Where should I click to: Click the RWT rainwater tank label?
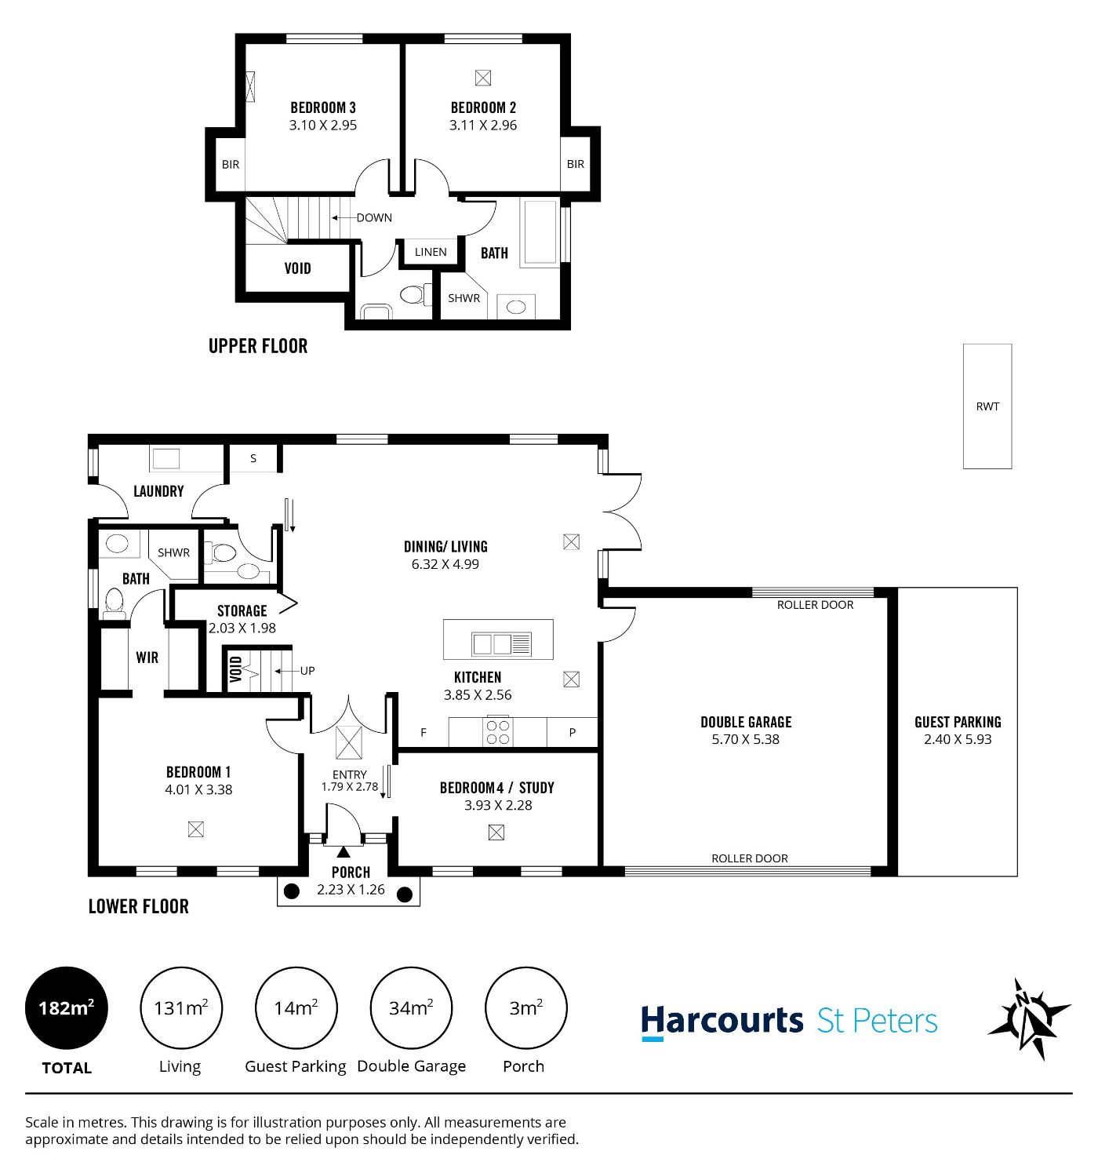[987, 406]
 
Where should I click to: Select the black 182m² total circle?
[67, 1008]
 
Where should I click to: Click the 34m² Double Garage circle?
[411, 1008]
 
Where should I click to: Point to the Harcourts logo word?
[722, 1022]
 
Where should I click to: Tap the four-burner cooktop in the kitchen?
[498, 732]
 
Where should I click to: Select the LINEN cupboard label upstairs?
[431, 252]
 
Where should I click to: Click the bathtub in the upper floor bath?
[540, 233]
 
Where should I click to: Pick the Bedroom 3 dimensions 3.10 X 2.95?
[323, 126]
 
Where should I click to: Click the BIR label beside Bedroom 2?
[576, 164]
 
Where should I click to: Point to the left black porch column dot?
[292, 891]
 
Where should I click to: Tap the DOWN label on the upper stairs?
[374, 218]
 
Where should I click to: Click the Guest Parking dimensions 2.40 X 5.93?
[958, 739]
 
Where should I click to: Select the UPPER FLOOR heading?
[258, 346]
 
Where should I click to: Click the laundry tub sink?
[166, 459]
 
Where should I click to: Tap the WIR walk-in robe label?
[147, 658]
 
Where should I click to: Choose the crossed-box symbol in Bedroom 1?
[196, 829]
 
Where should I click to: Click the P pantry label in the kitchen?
[572, 732]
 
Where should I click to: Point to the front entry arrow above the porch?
[343, 851]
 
